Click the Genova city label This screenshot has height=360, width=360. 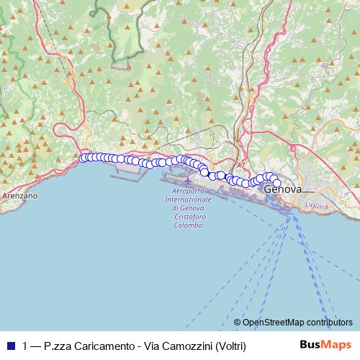[283, 189]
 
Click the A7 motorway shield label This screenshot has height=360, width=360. [240, 165]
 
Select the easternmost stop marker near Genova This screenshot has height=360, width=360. [276, 181]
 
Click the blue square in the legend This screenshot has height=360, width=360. [10, 346]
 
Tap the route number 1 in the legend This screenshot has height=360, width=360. [26, 346]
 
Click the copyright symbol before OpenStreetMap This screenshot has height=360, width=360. [237, 322]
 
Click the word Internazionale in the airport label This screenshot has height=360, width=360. [188, 199]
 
